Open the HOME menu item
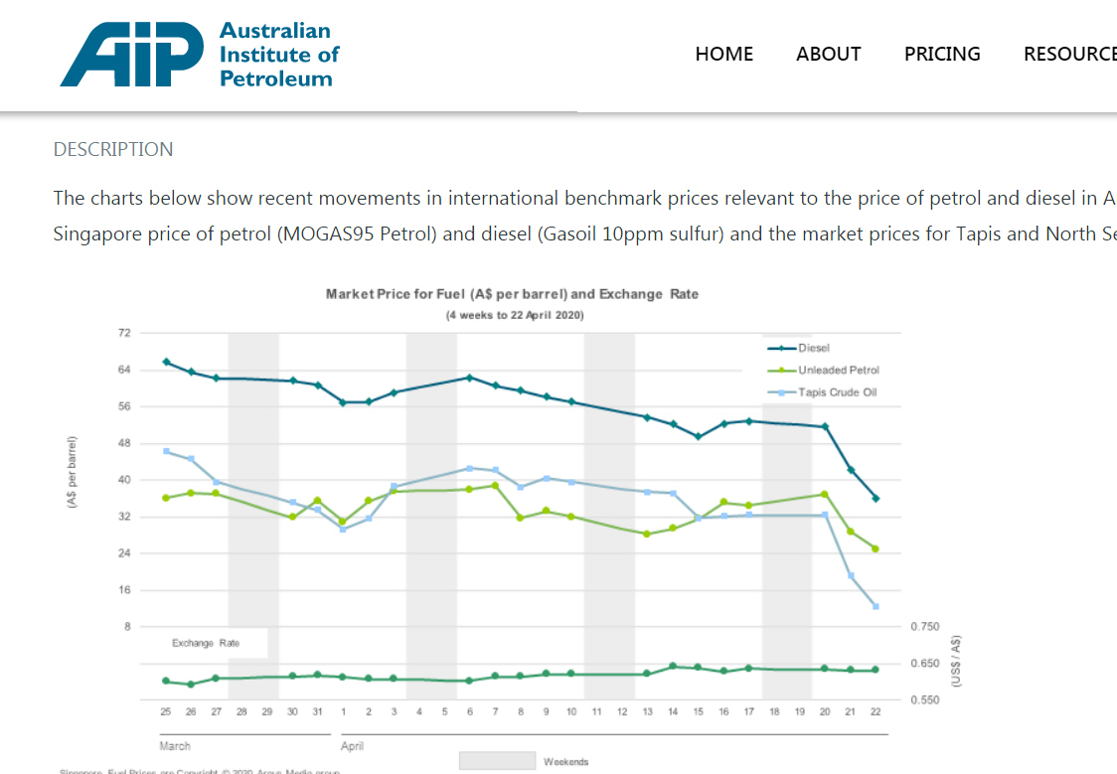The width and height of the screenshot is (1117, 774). coord(723,54)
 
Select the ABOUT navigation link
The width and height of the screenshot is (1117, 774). coord(828,54)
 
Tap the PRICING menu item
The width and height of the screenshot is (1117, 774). coord(942,54)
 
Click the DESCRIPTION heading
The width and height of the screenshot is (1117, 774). coord(113,150)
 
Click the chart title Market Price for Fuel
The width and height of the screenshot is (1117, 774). coord(512,294)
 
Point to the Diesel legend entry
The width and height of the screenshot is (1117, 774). coord(813,348)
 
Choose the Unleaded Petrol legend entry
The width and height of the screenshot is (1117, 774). coord(838,370)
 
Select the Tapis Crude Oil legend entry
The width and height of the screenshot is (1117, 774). coord(837,392)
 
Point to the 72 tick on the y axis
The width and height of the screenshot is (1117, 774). coord(124,333)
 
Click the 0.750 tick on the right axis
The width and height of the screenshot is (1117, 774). coord(924,627)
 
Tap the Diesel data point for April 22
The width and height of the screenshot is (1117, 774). coord(876,498)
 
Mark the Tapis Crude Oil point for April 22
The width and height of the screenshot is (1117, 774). coord(876,606)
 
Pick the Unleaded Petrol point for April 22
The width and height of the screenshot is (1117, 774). coord(876,548)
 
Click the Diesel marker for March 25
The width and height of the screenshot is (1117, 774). coord(166,362)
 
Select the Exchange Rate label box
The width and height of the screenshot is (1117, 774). coord(206,643)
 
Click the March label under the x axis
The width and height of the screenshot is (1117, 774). coord(175,745)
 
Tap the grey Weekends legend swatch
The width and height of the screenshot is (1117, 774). coord(497,761)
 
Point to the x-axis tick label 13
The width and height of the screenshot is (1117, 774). coord(647,711)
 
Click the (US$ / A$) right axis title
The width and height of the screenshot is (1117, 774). coord(955,662)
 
